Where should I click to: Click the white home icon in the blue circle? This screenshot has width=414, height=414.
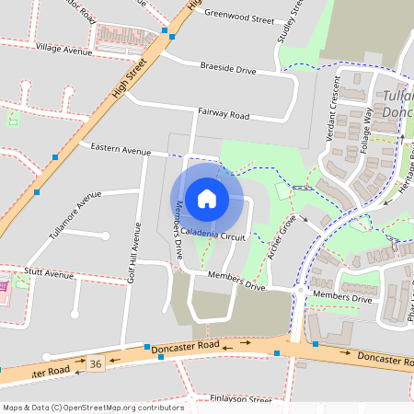[207, 198]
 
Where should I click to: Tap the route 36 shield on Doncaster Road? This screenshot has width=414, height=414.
[96, 364]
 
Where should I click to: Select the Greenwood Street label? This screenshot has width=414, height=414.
[239, 17]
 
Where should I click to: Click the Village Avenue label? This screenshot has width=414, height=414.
[65, 48]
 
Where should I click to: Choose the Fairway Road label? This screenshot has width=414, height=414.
[224, 114]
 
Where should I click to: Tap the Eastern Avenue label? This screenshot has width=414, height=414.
[120, 150]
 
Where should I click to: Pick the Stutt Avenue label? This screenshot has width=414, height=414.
[49, 274]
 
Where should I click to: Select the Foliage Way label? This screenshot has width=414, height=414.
[369, 128]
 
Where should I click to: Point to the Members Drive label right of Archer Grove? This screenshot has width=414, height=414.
[342, 298]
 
